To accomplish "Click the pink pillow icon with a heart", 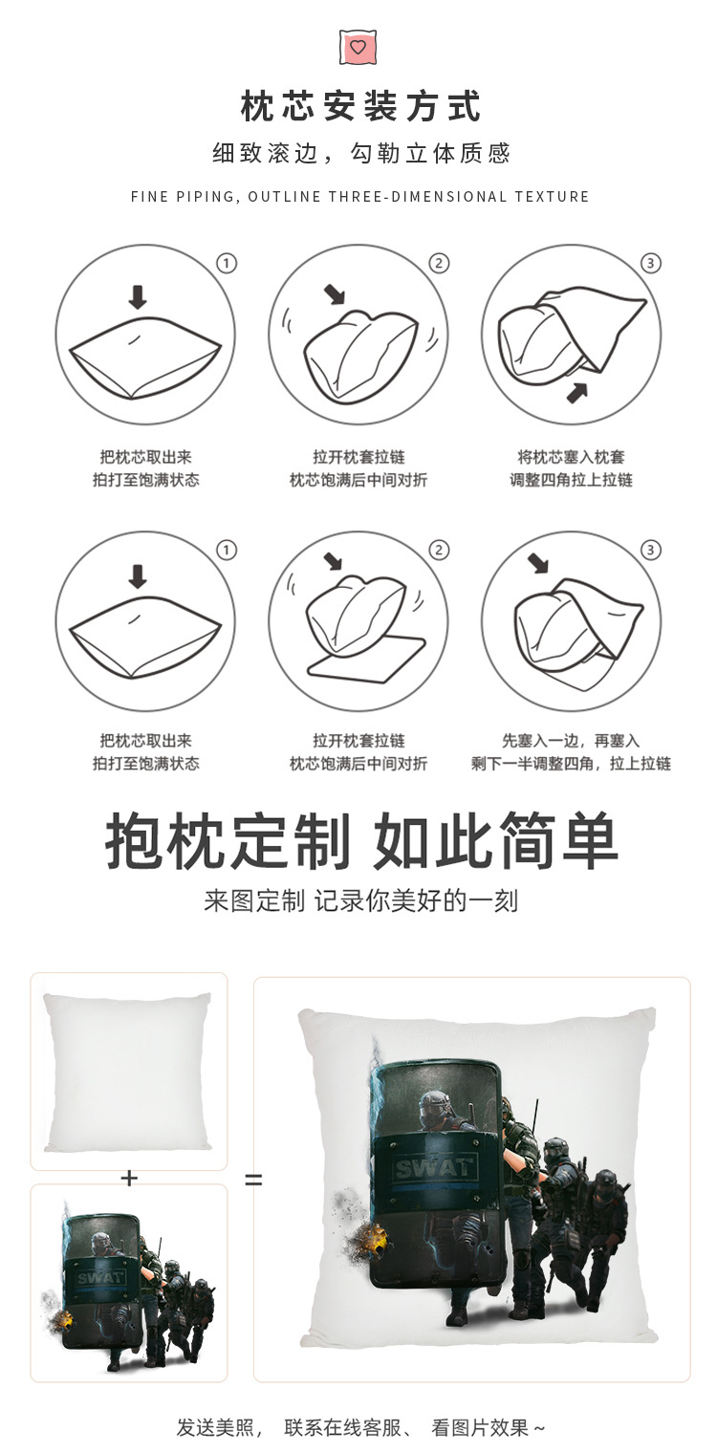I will point(358,47).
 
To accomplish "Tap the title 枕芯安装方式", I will point(359,106).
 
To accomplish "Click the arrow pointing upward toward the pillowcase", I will point(576,391).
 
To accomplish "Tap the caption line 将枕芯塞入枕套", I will point(571,457).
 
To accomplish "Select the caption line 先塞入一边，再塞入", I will point(571,741).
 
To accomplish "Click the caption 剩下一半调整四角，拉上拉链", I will point(571,764).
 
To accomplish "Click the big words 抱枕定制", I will point(228,841).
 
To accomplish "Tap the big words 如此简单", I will point(495,841).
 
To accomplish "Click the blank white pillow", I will point(128,1071).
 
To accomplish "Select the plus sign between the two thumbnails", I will point(129,1179).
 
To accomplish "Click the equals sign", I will point(253,1181).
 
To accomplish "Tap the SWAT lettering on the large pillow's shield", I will point(433,1166).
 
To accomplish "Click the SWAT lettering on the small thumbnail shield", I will point(100,1278).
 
